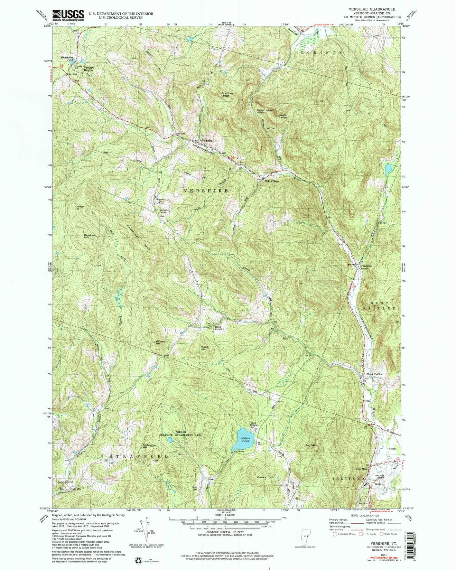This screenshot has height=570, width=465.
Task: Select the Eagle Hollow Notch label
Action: tap(265, 112)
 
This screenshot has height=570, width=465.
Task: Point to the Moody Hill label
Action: tap(205, 348)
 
